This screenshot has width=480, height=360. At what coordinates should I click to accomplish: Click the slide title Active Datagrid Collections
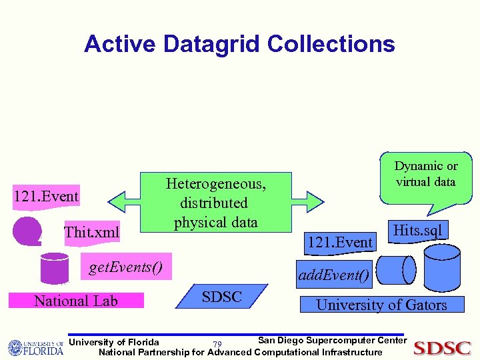(x=239, y=44)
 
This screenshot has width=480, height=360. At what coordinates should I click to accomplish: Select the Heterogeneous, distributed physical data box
(x=215, y=202)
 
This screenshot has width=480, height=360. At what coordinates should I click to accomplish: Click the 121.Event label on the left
(x=46, y=196)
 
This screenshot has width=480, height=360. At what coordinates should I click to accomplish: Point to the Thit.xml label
(x=91, y=233)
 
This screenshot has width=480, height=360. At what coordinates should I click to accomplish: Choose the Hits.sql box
(x=417, y=231)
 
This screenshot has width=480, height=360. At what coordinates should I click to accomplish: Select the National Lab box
(x=76, y=301)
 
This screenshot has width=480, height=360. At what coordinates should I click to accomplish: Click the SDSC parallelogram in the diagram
(x=221, y=297)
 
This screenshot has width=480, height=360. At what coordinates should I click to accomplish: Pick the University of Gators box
(x=381, y=305)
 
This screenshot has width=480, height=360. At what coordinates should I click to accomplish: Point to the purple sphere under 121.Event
(x=27, y=231)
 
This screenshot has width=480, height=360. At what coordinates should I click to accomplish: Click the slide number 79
(x=217, y=345)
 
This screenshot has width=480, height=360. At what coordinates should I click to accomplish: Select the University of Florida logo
(x=35, y=347)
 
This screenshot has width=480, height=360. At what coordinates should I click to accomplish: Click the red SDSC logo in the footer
(x=442, y=348)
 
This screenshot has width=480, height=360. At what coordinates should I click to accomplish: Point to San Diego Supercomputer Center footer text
(x=331, y=341)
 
